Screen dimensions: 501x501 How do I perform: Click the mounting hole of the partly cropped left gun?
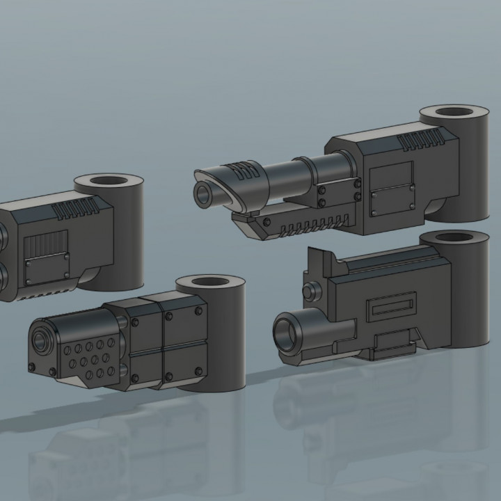pyautogui.click(x=108, y=184)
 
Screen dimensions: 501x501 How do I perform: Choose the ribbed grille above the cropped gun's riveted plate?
pyautogui.click(x=46, y=244)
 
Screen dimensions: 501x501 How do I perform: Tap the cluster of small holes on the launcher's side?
pyautogui.click(x=89, y=356)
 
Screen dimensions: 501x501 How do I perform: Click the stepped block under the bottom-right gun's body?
pyautogui.click(x=389, y=343)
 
